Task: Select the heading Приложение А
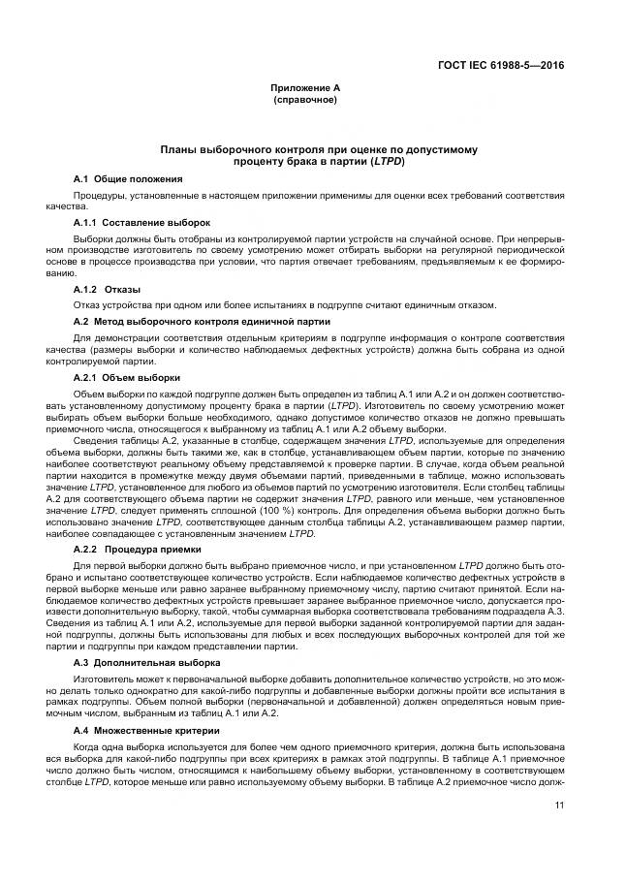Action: coord(305,87)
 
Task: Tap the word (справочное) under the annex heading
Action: coord(305,99)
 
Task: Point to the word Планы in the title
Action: coord(182,149)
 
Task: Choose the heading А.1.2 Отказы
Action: coord(107,290)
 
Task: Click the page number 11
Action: coord(559,805)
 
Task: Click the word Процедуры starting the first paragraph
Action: coord(96,195)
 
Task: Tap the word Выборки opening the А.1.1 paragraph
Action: coord(93,239)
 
